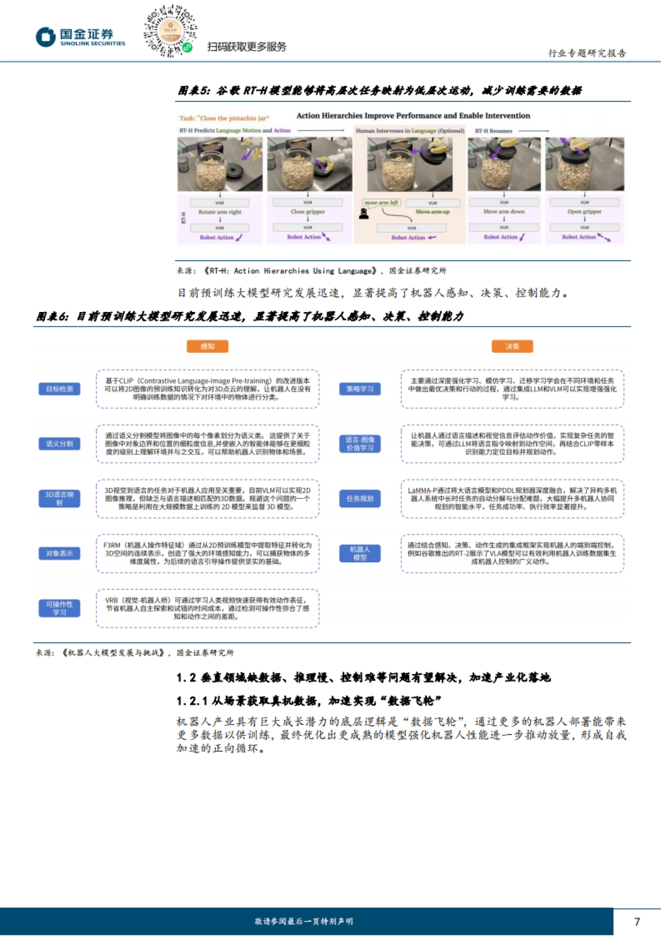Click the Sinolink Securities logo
(x=80, y=37)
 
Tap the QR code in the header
(x=170, y=31)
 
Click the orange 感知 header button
(x=207, y=346)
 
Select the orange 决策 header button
(x=512, y=346)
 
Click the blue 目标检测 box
(x=59, y=389)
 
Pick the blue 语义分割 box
(x=59, y=444)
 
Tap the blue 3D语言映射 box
(x=59, y=498)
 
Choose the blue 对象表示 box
(x=59, y=553)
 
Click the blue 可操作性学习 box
(x=59, y=608)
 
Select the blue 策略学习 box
(x=360, y=389)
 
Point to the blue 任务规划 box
(x=360, y=498)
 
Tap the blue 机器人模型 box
(x=360, y=553)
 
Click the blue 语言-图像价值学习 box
(x=360, y=444)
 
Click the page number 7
(x=637, y=922)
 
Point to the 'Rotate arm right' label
(x=220, y=212)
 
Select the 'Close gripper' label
(x=307, y=212)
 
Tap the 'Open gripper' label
(x=584, y=212)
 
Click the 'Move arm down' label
(x=504, y=212)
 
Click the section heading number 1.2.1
(x=192, y=701)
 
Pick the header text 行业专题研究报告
(x=587, y=53)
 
